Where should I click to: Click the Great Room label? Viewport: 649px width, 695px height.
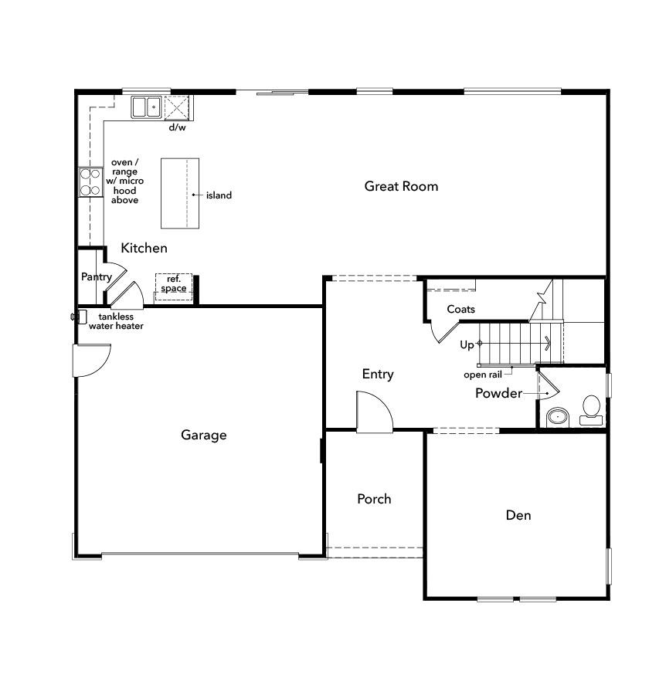pyautogui.click(x=401, y=186)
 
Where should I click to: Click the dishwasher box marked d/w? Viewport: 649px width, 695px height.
pyautogui.click(x=178, y=107)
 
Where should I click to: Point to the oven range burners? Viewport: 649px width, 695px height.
pyautogui.click(x=90, y=181)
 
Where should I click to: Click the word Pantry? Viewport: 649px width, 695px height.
pyautogui.click(x=97, y=276)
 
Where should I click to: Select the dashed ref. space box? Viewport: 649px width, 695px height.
pyautogui.click(x=173, y=284)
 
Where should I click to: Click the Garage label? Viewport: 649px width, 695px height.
pyautogui.click(x=204, y=435)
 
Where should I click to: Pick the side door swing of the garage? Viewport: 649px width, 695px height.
pyautogui.click(x=91, y=361)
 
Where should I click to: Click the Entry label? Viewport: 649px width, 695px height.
pyautogui.click(x=378, y=374)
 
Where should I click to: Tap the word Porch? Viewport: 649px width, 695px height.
pyautogui.click(x=374, y=499)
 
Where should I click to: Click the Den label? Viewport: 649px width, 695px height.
pyautogui.click(x=518, y=515)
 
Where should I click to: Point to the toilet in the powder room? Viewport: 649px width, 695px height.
pyautogui.click(x=591, y=409)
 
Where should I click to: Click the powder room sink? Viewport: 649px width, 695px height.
pyautogui.click(x=556, y=418)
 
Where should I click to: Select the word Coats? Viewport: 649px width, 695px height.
pyautogui.click(x=460, y=309)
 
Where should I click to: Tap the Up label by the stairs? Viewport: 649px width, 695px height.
pyautogui.click(x=467, y=344)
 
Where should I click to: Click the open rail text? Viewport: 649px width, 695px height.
pyautogui.click(x=482, y=375)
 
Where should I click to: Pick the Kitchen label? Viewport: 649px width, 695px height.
pyautogui.click(x=144, y=248)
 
